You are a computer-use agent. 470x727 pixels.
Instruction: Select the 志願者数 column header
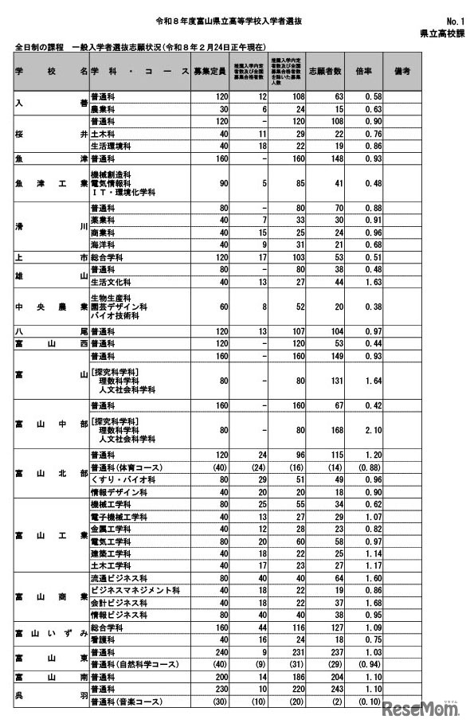(324, 71)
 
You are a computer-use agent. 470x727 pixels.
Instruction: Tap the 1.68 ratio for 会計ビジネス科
(367, 604)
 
